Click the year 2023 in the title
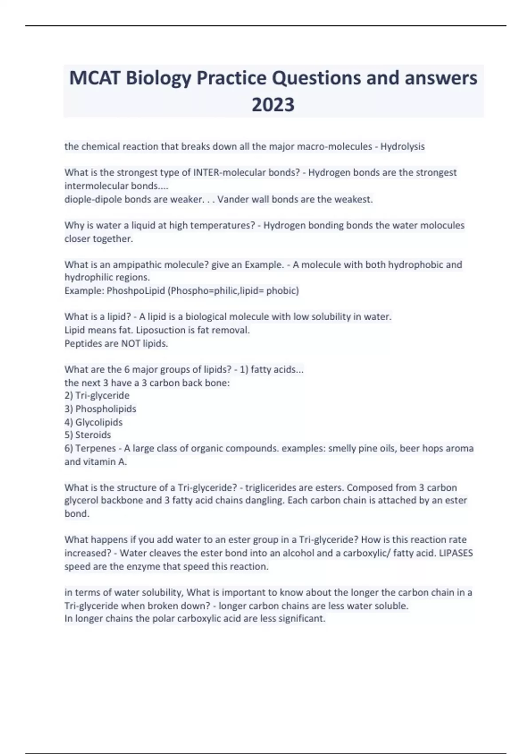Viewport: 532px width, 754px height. [x=273, y=105]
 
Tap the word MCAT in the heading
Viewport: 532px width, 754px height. [x=94, y=79]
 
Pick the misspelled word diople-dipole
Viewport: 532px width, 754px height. [x=93, y=199]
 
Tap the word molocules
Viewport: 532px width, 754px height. [x=442, y=225]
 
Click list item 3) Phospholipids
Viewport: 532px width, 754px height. [x=101, y=408]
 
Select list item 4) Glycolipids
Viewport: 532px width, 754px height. [x=94, y=422]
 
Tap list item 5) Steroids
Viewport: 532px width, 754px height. [x=88, y=435]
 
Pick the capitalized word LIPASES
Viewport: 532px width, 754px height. [x=456, y=553]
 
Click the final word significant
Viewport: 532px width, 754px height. [x=302, y=618]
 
